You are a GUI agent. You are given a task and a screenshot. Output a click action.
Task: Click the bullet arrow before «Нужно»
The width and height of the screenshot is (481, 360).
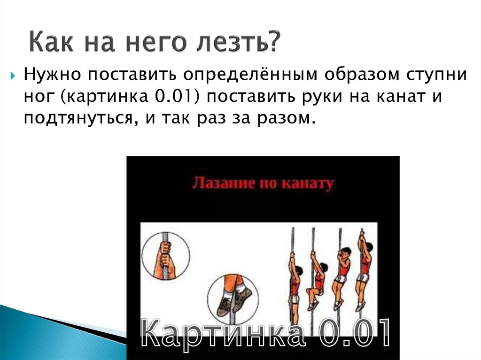point(13,75)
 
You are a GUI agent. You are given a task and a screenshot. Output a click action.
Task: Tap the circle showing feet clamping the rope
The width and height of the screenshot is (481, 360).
point(230,296)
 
